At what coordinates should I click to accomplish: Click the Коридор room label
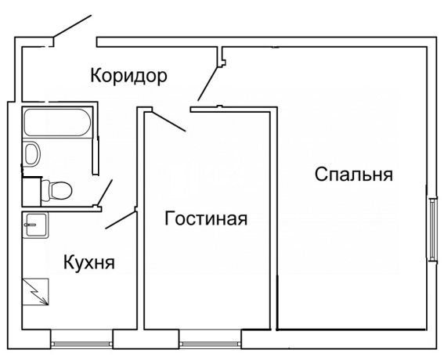[129, 76]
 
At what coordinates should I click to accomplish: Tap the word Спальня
[354, 175]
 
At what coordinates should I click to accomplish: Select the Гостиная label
[206, 218]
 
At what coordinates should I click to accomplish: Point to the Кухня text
[89, 262]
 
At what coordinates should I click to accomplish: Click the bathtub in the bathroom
[57, 122]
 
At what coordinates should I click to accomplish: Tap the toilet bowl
[56, 190]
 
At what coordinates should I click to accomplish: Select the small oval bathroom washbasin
[32, 153]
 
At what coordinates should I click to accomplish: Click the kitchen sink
[36, 225]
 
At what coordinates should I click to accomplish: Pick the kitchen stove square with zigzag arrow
[36, 291]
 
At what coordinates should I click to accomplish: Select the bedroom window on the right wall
[432, 230]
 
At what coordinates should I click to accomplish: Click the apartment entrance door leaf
[72, 26]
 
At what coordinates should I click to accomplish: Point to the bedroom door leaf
[208, 84]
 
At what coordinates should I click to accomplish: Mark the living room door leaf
[169, 122]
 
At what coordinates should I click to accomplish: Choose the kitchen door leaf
[121, 220]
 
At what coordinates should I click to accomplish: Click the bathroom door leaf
[105, 192]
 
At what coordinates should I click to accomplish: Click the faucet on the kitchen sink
[31, 225]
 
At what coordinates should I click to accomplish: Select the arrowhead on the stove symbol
[45, 303]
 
